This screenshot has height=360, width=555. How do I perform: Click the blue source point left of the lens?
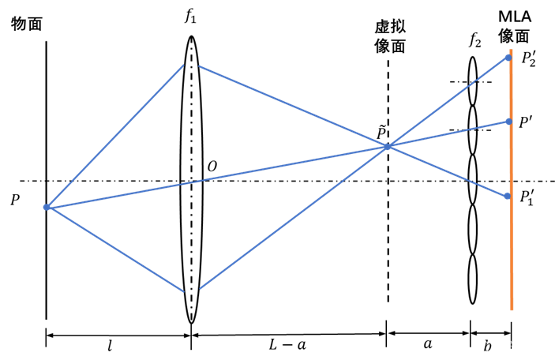tap(47, 207)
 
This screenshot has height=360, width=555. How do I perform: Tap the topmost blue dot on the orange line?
tap(508, 57)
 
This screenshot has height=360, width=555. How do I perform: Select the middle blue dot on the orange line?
tap(509, 122)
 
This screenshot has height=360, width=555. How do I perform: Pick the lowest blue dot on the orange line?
tap(508, 196)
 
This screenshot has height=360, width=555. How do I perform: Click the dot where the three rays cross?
tap(388, 147)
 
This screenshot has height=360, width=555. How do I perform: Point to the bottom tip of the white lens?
tap(191, 320)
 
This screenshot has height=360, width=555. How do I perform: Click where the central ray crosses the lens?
tap(191, 182)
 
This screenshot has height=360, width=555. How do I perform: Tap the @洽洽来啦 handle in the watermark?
tap(508, 345)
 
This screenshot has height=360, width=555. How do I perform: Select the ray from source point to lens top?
tap(114, 137)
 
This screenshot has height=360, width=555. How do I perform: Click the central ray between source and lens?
tap(118, 194)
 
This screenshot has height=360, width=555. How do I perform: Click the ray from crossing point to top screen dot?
tap(448, 102)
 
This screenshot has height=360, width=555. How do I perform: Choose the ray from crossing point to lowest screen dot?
tap(448, 171)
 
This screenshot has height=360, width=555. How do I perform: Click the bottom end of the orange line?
tap(512, 308)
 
